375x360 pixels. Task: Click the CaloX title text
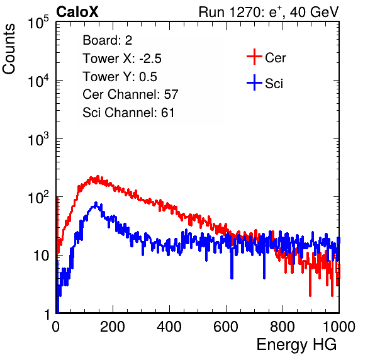[x=77, y=12]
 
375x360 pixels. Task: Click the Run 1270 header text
[x=269, y=12]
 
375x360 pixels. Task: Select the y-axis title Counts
[x=9, y=49]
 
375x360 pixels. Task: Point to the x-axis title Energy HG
[x=296, y=345]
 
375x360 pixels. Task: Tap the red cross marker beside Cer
[x=254, y=57]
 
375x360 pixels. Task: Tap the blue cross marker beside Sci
[x=254, y=83]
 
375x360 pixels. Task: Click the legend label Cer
[x=275, y=58]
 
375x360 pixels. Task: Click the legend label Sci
[x=274, y=84]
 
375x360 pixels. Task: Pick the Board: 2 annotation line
[x=108, y=40]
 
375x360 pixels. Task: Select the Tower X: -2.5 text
[x=122, y=59]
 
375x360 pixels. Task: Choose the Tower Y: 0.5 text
[x=120, y=77]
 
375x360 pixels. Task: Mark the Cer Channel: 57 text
[x=130, y=94]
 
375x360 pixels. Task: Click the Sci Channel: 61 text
[x=128, y=113]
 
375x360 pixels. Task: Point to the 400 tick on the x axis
[x=169, y=327]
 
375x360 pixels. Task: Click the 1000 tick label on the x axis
[x=339, y=327]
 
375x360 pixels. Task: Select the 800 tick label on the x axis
[x=283, y=327]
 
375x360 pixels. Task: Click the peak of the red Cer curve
[x=98, y=176]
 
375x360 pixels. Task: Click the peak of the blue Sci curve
[x=96, y=203]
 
